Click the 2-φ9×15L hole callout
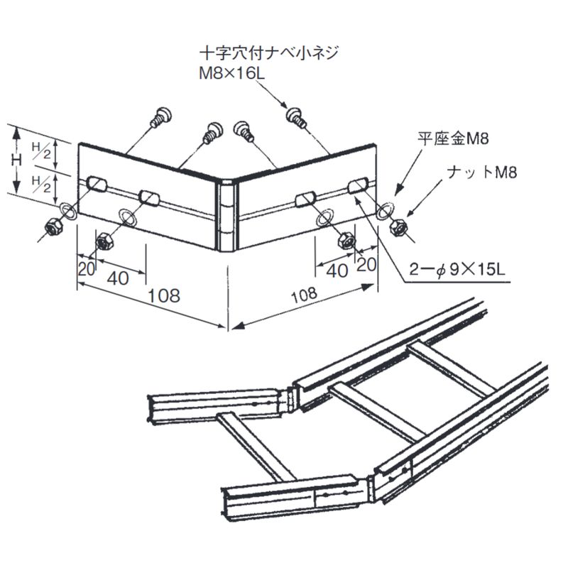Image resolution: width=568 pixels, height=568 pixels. [458, 270]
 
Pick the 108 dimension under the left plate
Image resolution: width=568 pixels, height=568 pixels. [164, 295]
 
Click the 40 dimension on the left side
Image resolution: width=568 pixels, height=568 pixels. [118, 278]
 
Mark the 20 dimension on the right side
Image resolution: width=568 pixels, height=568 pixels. [366, 264]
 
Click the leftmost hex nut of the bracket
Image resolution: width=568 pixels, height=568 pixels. [53, 227]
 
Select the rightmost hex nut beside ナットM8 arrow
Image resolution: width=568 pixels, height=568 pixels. [398, 226]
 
